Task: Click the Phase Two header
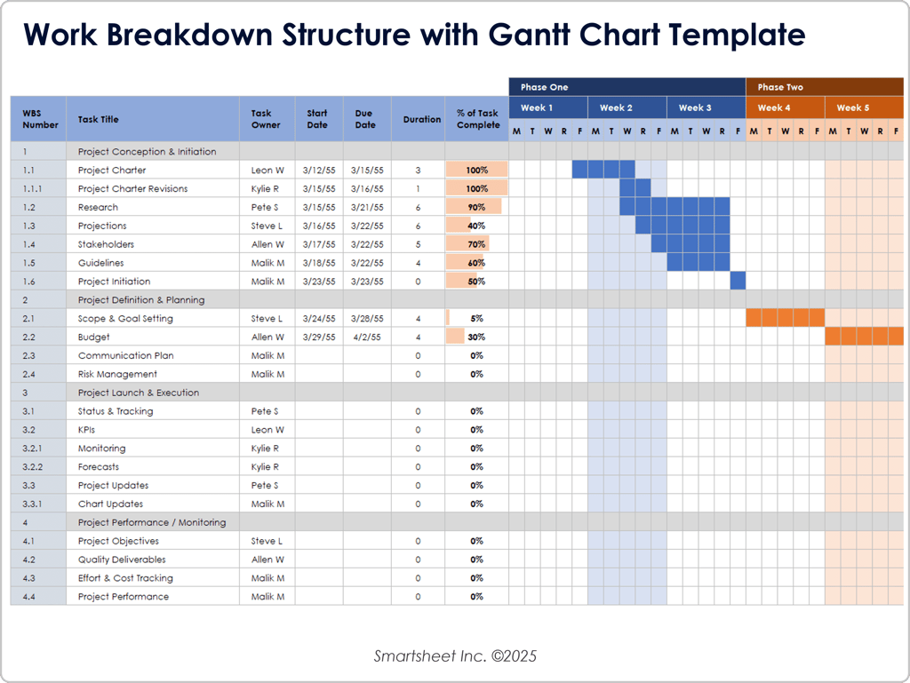[780, 87]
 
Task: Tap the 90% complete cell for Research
[476, 207]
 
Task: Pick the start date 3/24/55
[318, 318]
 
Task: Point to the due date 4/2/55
[367, 337]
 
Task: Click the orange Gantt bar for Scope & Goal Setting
[785, 318]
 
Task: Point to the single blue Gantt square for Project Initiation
[738, 282]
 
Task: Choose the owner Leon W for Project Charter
[267, 170]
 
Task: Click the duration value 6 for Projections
[418, 226]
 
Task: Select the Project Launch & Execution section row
[138, 393]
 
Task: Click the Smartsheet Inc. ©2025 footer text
[455, 656]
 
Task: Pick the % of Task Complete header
[477, 119]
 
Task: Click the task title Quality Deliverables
[122, 560]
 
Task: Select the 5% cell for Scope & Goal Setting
[476, 318]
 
